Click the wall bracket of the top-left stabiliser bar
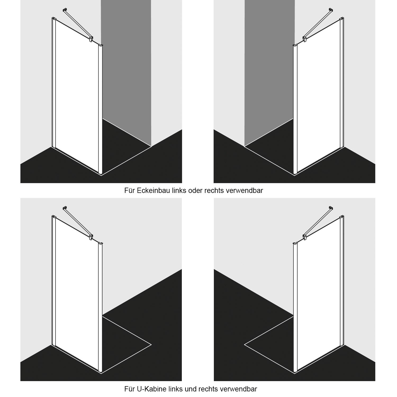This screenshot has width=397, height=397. (x=64, y=10)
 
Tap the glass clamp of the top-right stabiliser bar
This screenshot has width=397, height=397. (x=305, y=39)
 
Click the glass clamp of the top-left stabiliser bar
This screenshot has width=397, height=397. (x=91, y=39)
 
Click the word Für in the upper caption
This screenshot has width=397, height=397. (x=129, y=191)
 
